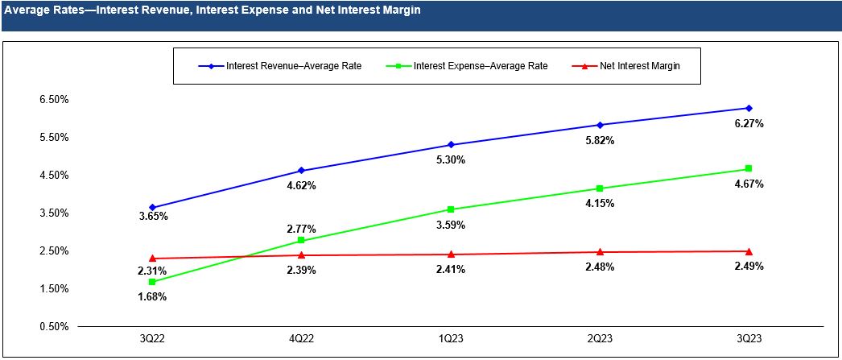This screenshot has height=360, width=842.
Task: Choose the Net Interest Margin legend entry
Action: pyautogui.click(x=640, y=66)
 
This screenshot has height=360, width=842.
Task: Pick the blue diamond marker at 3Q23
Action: pyautogui.click(x=749, y=108)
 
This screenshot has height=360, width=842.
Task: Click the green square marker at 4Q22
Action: pyautogui.click(x=301, y=241)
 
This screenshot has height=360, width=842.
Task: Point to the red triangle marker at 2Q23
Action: pyautogui.click(x=600, y=252)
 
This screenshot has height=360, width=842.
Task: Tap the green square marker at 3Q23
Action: pyautogui.click(x=749, y=169)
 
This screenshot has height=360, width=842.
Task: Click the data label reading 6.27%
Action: pyautogui.click(x=749, y=124)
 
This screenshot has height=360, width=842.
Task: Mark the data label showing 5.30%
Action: pyautogui.click(x=451, y=160)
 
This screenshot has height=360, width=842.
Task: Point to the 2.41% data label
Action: pyautogui.click(x=451, y=270)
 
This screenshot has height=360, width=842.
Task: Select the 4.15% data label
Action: pyautogui.click(x=600, y=204)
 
